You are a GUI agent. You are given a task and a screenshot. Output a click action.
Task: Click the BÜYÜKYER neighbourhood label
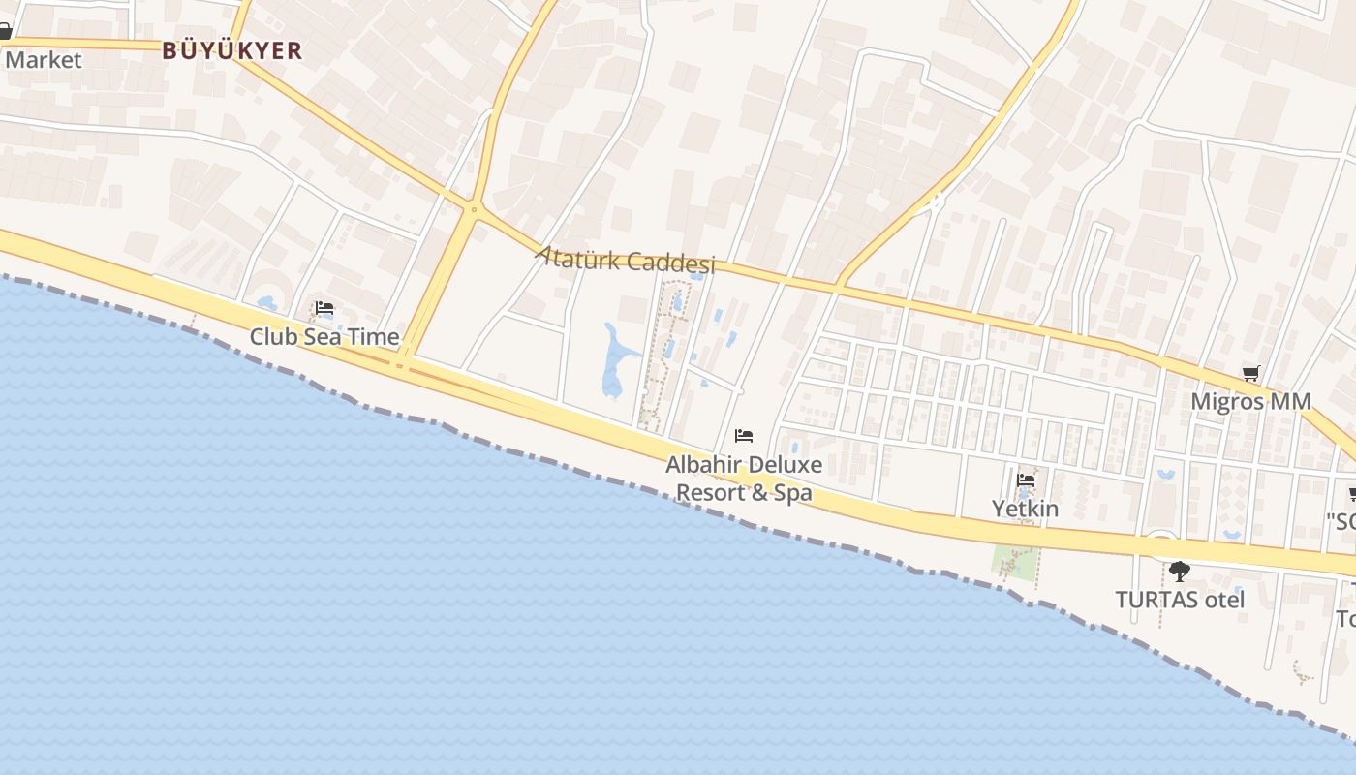(232, 50)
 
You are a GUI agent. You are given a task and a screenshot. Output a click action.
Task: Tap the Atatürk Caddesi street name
(626, 260)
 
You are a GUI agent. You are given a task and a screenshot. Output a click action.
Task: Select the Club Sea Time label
(324, 337)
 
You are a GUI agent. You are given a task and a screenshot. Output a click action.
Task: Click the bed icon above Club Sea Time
(324, 309)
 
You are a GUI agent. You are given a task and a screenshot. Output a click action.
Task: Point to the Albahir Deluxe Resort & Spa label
(744, 479)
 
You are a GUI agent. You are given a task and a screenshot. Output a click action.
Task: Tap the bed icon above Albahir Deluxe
(744, 436)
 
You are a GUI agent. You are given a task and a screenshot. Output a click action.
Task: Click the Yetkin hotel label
(1025, 509)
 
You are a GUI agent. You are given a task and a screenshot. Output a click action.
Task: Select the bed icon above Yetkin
(1026, 480)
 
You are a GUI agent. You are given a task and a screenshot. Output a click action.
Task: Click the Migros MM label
(1250, 401)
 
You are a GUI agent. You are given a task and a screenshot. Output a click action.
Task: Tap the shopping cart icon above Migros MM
(1251, 373)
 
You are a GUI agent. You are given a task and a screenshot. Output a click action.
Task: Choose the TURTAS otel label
(1180, 600)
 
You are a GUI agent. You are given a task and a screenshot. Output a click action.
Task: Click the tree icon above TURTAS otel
(1179, 571)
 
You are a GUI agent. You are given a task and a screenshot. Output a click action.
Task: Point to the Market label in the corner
(44, 60)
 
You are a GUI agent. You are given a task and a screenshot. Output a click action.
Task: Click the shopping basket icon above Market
(5, 32)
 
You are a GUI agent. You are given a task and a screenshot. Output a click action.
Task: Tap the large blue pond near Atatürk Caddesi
(614, 363)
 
